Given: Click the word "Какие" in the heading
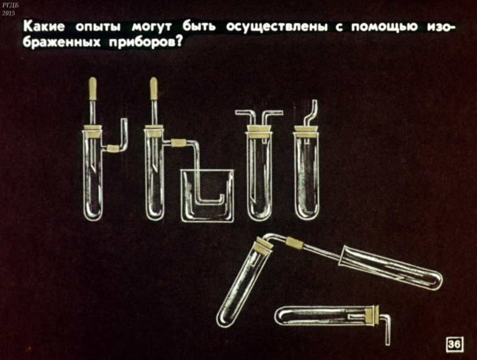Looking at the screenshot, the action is click(x=44, y=27).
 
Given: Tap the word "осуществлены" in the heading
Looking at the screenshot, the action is click(x=277, y=27).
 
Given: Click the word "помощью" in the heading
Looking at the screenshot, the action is click(x=385, y=27).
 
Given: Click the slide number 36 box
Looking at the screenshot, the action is click(x=454, y=344).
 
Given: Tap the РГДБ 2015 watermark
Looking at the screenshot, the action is click(x=9, y=9).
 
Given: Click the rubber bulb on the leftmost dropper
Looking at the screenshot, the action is click(x=92, y=89).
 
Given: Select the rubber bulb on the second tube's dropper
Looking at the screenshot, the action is click(x=154, y=89).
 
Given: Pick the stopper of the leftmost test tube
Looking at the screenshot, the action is click(x=93, y=131).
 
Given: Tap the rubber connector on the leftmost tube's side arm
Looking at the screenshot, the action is click(x=113, y=149).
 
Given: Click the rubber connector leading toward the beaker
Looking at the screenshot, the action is click(x=178, y=143).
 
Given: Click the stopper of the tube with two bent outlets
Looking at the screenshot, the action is click(x=259, y=132).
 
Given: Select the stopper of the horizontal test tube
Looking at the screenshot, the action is click(x=373, y=315).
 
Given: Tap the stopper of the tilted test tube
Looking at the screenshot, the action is click(x=263, y=246).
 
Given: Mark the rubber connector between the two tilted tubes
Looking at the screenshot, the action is click(x=294, y=243).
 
